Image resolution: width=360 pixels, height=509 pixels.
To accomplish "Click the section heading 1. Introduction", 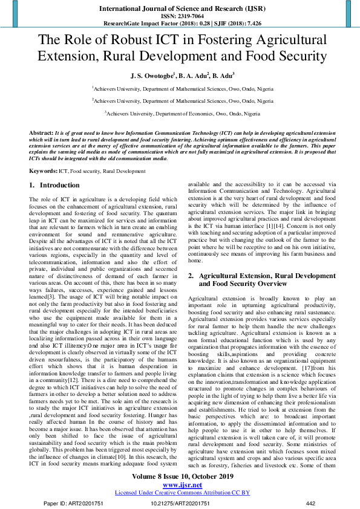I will [55, 186].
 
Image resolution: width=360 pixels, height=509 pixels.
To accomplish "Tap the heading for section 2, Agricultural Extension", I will [260, 279].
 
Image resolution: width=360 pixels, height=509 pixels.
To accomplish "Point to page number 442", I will [310, 503].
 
